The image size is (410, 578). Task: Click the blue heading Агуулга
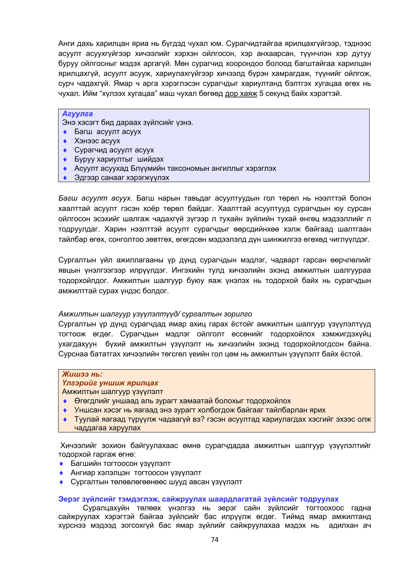pyautogui.click(x=77, y=114)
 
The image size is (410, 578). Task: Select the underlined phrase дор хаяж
pyautogui.click(x=241, y=94)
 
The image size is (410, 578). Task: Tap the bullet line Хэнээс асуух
pyautogui.click(x=97, y=141)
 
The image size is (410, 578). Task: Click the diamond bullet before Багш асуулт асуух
pyautogui.click(x=65, y=132)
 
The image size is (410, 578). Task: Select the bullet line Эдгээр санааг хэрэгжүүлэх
pyautogui.click(x=122, y=178)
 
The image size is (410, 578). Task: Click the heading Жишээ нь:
pyautogui.click(x=82, y=374)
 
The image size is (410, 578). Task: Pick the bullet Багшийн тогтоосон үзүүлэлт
pyautogui.click(x=121, y=464)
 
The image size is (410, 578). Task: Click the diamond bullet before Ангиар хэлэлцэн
pyautogui.click(x=61, y=473)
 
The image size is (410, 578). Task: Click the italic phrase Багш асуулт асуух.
pyautogui.click(x=95, y=198)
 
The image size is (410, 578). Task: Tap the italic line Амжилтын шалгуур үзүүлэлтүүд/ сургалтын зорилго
pyautogui.click(x=155, y=314)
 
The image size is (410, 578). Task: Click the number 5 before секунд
pyautogui.click(x=261, y=94)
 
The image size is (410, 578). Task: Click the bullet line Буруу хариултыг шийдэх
pyautogui.click(x=119, y=159)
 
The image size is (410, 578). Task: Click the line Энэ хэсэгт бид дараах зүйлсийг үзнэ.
pyautogui.click(x=128, y=123)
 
